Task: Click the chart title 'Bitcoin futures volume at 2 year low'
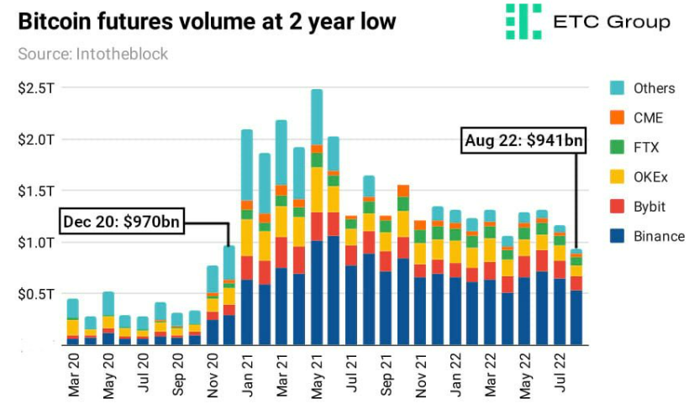[x=207, y=21]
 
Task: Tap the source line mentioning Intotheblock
[x=92, y=54]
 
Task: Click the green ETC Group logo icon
[x=522, y=21]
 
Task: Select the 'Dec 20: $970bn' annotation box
[x=123, y=223]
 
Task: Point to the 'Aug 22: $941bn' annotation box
[x=523, y=141]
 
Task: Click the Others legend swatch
[x=617, y=88]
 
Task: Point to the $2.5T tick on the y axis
[x=34, y=88]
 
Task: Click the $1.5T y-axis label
[x=34, y=191]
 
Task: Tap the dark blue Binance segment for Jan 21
[x=247, y=311]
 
